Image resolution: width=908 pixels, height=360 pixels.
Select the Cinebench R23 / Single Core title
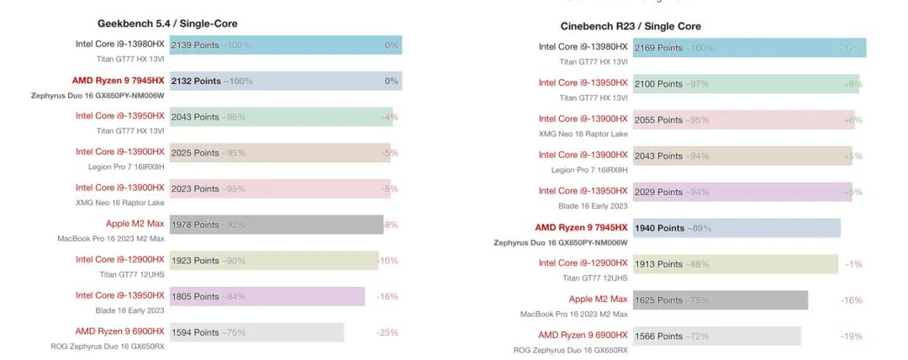[x=631, y=26]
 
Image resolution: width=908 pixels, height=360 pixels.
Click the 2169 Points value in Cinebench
[x=658, y=48]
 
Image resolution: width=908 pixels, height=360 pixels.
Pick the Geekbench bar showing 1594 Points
[x=256, y=332]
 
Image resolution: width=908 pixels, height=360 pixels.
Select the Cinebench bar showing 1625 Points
[x=720, y=300]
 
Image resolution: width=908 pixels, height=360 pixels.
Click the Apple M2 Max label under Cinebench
[x=598, y=299]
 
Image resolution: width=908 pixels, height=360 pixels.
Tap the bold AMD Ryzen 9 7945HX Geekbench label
[x=118, y=81]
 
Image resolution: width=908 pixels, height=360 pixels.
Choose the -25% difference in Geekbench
[x=388, y=332]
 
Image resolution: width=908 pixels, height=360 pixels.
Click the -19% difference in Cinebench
[x=851, y=336]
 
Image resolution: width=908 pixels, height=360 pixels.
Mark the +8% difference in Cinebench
[x=853, y=84]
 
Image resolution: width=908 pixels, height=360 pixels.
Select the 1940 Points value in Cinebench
[x=659, y=228]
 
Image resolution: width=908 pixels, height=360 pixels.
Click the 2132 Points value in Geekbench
[x=195, y=81]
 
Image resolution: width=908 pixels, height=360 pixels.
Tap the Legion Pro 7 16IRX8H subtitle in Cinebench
[x=589, y=169]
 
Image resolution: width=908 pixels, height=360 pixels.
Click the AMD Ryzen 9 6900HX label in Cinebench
[x=583, y=335]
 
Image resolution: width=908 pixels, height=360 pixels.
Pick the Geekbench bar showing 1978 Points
[x=277, y=225]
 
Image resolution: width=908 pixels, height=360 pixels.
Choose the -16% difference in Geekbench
[x=388, y=296]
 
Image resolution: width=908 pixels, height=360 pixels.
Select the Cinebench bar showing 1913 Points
[x=735, y=264]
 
